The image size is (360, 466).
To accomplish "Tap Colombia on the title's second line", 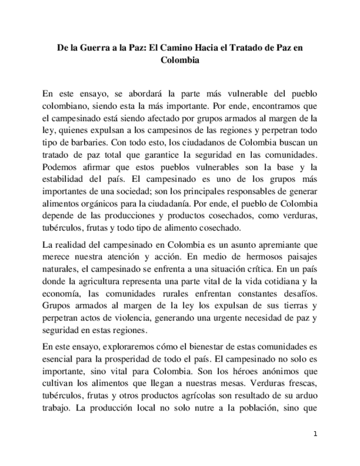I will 180,60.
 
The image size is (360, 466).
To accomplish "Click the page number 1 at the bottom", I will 315,434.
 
